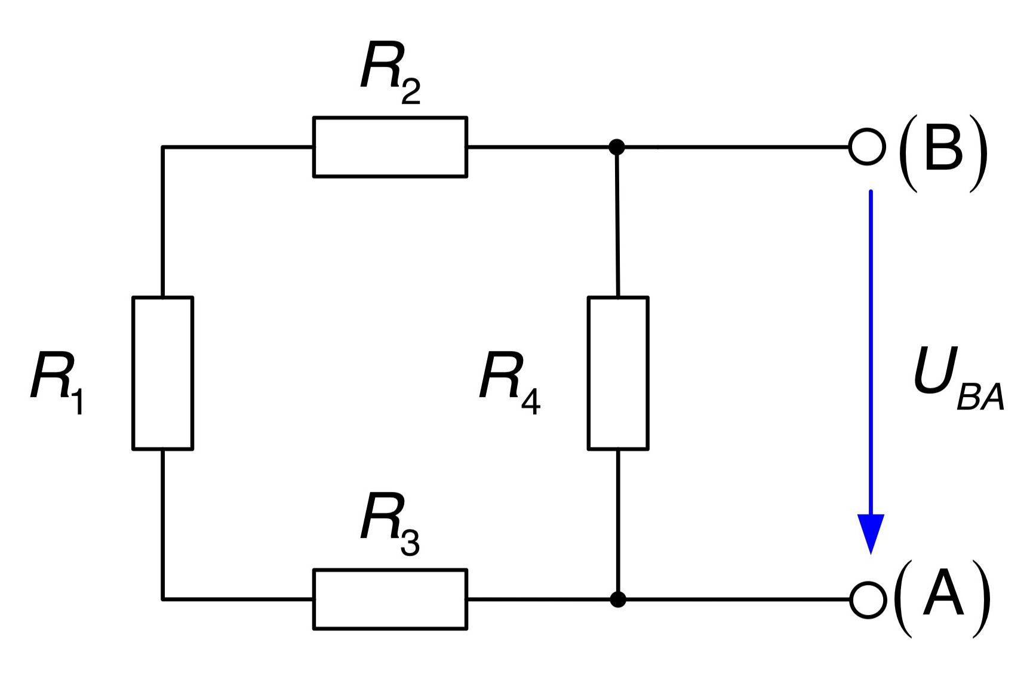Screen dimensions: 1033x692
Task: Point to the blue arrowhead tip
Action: (x=871, y=555)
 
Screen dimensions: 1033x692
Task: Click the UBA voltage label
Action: (x=959, y=379)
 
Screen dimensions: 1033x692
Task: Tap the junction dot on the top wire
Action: (x=617, y=147)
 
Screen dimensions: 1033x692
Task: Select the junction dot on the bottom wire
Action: (x=618, y=599)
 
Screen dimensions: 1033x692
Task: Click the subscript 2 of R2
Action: (x=411, y=91)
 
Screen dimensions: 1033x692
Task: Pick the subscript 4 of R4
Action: (x=531, y=401)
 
